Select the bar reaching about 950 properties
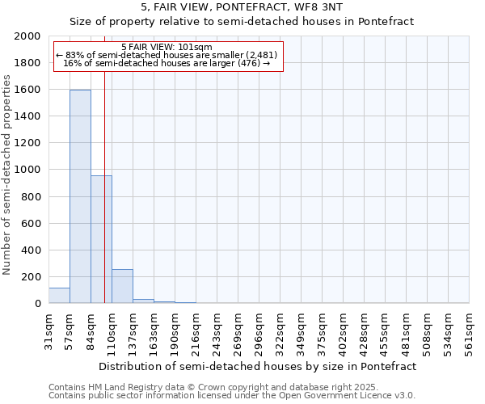(x=101, y=239)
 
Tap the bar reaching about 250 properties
(x=122, y=286)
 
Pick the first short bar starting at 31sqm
(x=59, y=296)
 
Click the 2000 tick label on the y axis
(x=27, y=36)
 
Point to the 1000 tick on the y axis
(x=27, y=170)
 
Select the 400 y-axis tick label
(x=31, y=250)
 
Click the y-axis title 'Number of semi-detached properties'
(x=8, y=175)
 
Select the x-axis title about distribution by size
(x=259, y=366)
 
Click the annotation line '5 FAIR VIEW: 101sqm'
(x=167, y=47)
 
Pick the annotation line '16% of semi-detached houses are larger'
(x=167, y=63)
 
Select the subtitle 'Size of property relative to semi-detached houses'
(x=242, y=22)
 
